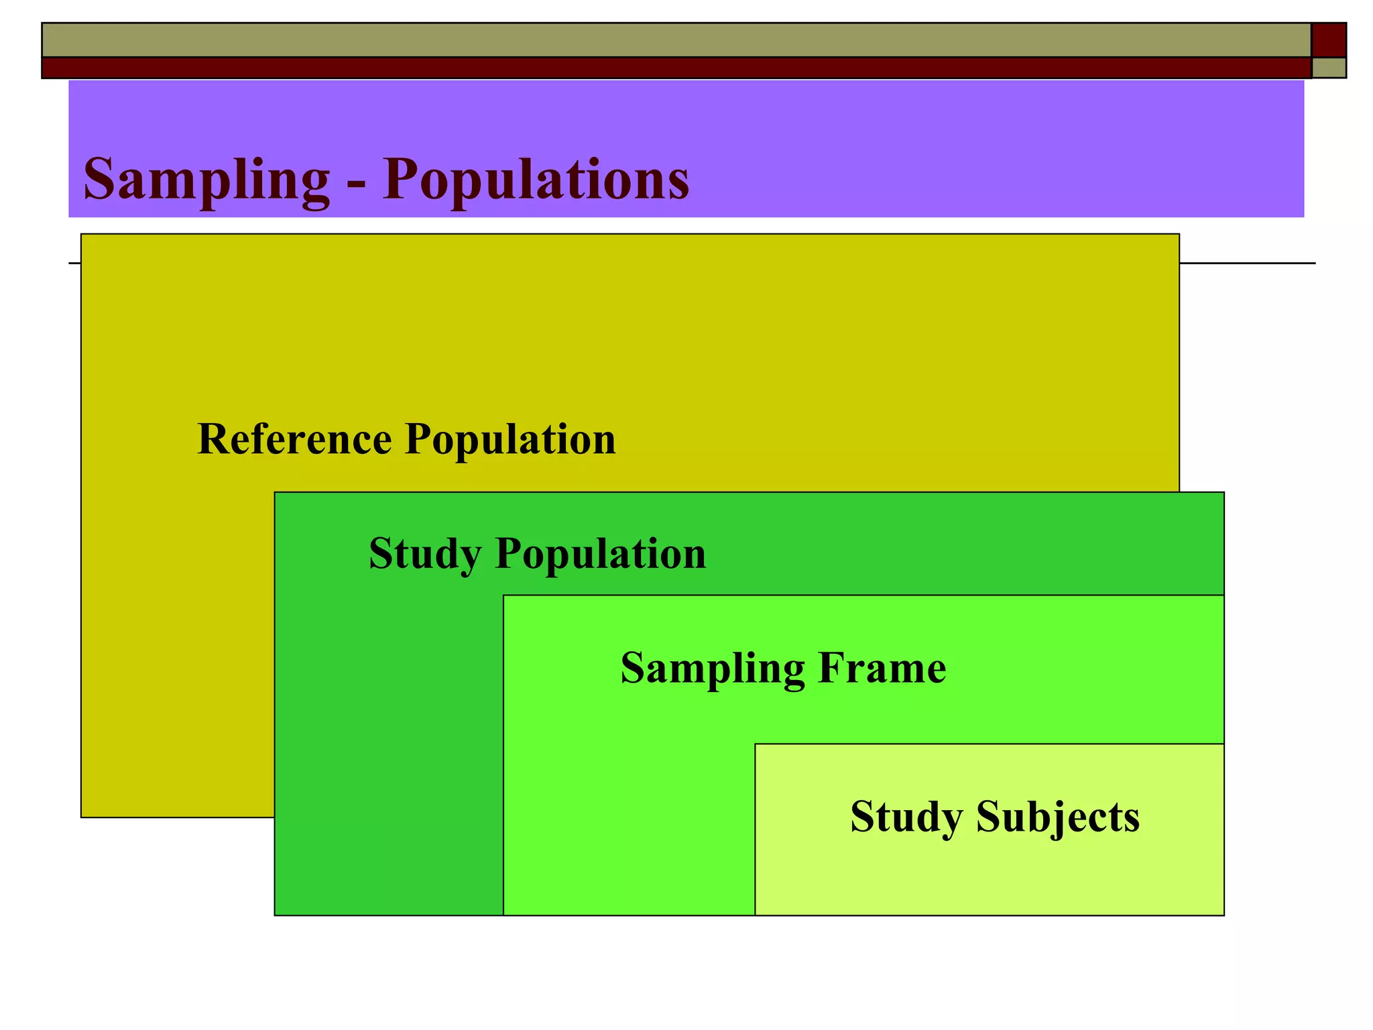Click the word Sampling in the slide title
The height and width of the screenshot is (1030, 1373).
(206, 180)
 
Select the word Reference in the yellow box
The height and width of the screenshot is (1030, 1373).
(294, 439)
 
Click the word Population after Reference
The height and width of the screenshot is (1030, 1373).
(510, 441)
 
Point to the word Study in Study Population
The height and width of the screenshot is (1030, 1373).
(425, 555)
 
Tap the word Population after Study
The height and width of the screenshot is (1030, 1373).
(601, 555)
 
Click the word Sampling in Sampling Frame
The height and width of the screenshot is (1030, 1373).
(713, 669)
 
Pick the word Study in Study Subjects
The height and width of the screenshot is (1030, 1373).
(906, 817)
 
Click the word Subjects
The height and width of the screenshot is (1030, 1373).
(1058, 817)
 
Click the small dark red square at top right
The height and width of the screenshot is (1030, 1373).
(1329, 40)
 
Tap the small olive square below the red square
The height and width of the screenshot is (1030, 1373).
(1329, 68)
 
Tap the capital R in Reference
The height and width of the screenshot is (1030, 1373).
(213, 439)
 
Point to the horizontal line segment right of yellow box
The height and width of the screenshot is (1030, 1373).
(1247, 263)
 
